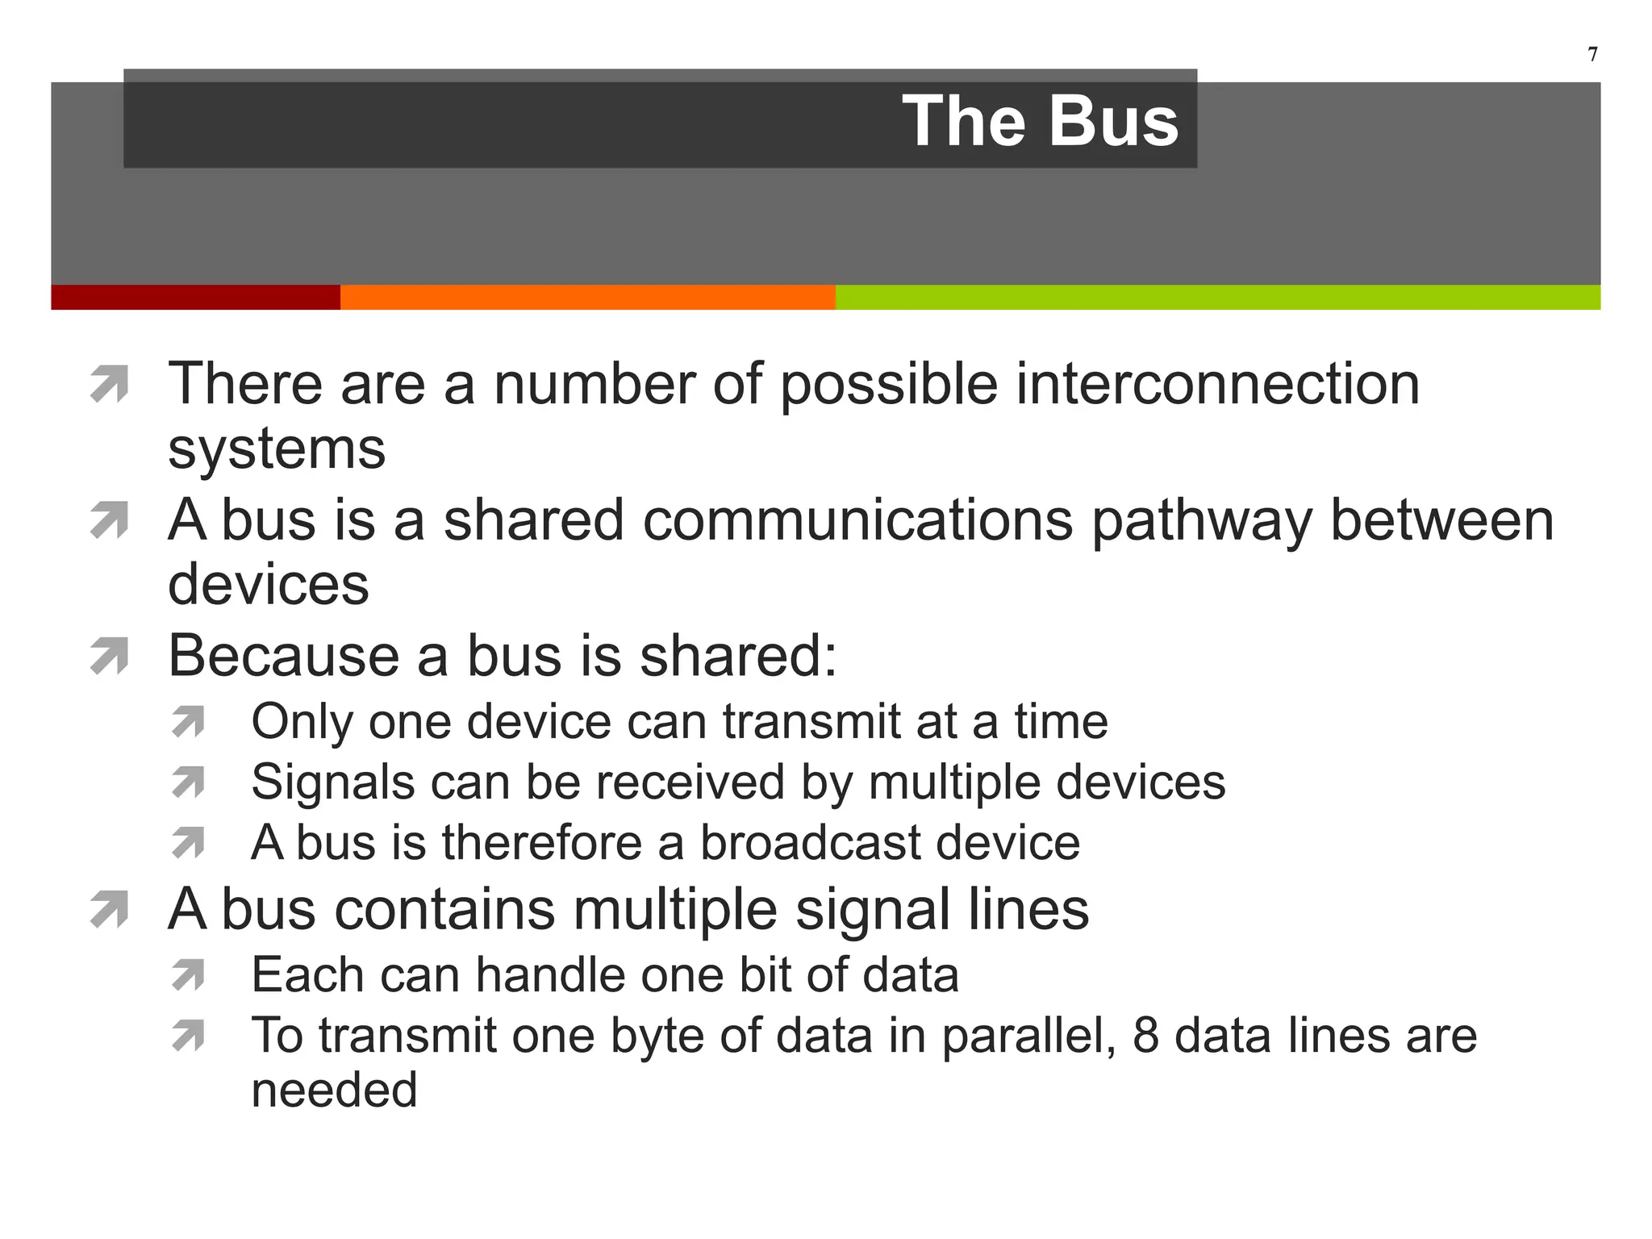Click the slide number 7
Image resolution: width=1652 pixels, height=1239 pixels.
tap(1592, 54)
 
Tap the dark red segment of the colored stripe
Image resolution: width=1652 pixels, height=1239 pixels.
tap(195, 297)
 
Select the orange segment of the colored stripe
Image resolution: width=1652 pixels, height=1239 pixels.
tap(587, 297)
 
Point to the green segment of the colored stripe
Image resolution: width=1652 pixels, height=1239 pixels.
tap(1217, 297)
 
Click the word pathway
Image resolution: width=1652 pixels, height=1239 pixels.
tap(1201, 519)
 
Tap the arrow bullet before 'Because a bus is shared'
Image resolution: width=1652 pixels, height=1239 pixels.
tap(110, 656)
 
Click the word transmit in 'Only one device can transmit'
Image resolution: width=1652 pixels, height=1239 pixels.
tap(811, 721)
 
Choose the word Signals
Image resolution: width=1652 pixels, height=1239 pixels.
tap(332, 782)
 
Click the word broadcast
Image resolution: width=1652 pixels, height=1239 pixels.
tap(810, 843)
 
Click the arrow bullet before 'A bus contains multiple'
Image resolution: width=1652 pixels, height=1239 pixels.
tap(110, 910)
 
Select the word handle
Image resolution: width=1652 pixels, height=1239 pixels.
tap(550, 975)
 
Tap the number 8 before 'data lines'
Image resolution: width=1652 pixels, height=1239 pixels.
tap(1145, 1036)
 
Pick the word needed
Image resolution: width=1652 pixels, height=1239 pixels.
tap(334, 1091)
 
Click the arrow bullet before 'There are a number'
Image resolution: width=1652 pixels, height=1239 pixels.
tap(110, 384)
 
